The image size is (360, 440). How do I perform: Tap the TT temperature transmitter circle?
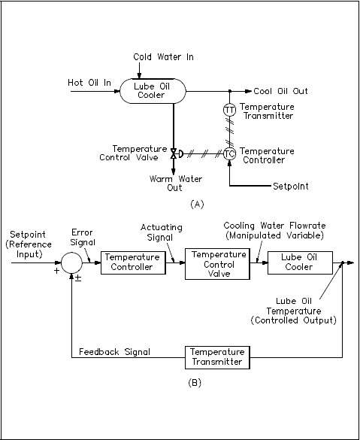click(x=230, y=110)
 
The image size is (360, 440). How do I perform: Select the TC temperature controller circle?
click(x=230, y=154)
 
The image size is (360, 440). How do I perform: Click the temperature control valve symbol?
click(x=174, y=153)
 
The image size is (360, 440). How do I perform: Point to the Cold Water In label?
click(x=162, y=56)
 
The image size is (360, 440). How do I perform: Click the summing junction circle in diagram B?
click(x=72, y=262)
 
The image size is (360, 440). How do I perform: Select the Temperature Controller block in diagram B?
click(x=132, y=262)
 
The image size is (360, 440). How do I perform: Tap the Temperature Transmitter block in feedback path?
click(x=216, y=357)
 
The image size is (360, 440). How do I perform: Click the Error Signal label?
click(x=82, y=237)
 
